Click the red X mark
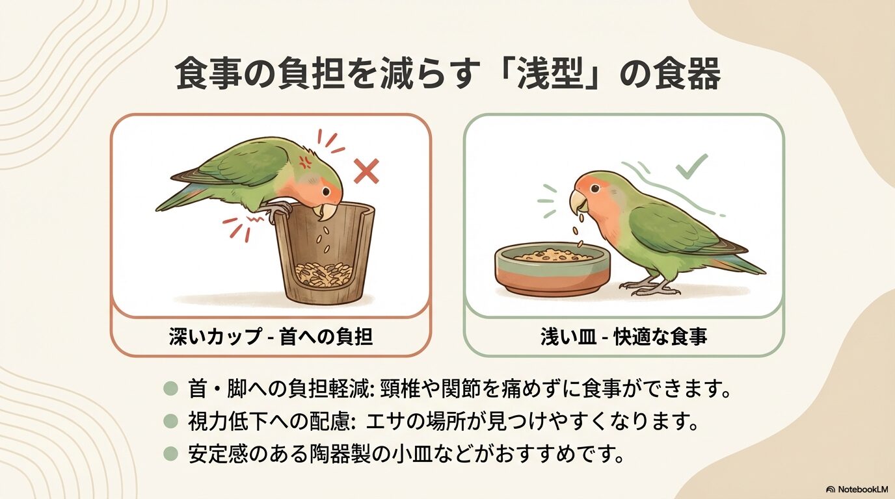[366, 172]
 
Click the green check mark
[691, 166]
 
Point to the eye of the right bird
[596, 189]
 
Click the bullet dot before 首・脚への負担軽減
[170, 389]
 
